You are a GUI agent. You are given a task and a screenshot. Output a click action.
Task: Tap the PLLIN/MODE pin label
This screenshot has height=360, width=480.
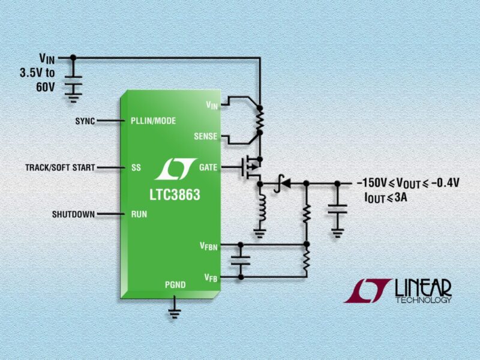click(x=153, y=121)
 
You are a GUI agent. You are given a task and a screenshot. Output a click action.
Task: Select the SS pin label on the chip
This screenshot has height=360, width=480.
click(x=136, y=167)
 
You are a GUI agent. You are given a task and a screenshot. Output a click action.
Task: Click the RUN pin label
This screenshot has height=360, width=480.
click(x=139, y=214)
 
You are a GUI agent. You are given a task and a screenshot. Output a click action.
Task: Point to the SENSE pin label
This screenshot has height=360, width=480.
click(x=205, y=136)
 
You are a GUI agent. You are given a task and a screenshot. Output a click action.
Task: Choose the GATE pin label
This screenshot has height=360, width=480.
click(x=208, y=167)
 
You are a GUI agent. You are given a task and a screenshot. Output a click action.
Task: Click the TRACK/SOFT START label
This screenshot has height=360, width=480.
click(x=60, y=167)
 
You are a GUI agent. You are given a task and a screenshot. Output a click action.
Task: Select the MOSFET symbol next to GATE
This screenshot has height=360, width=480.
click(x=253, y=167)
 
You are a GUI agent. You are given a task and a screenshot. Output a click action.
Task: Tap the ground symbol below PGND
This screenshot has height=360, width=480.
click(x=175, y=310)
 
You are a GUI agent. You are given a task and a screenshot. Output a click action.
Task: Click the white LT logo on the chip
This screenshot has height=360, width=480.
click(x=175, y=170)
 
